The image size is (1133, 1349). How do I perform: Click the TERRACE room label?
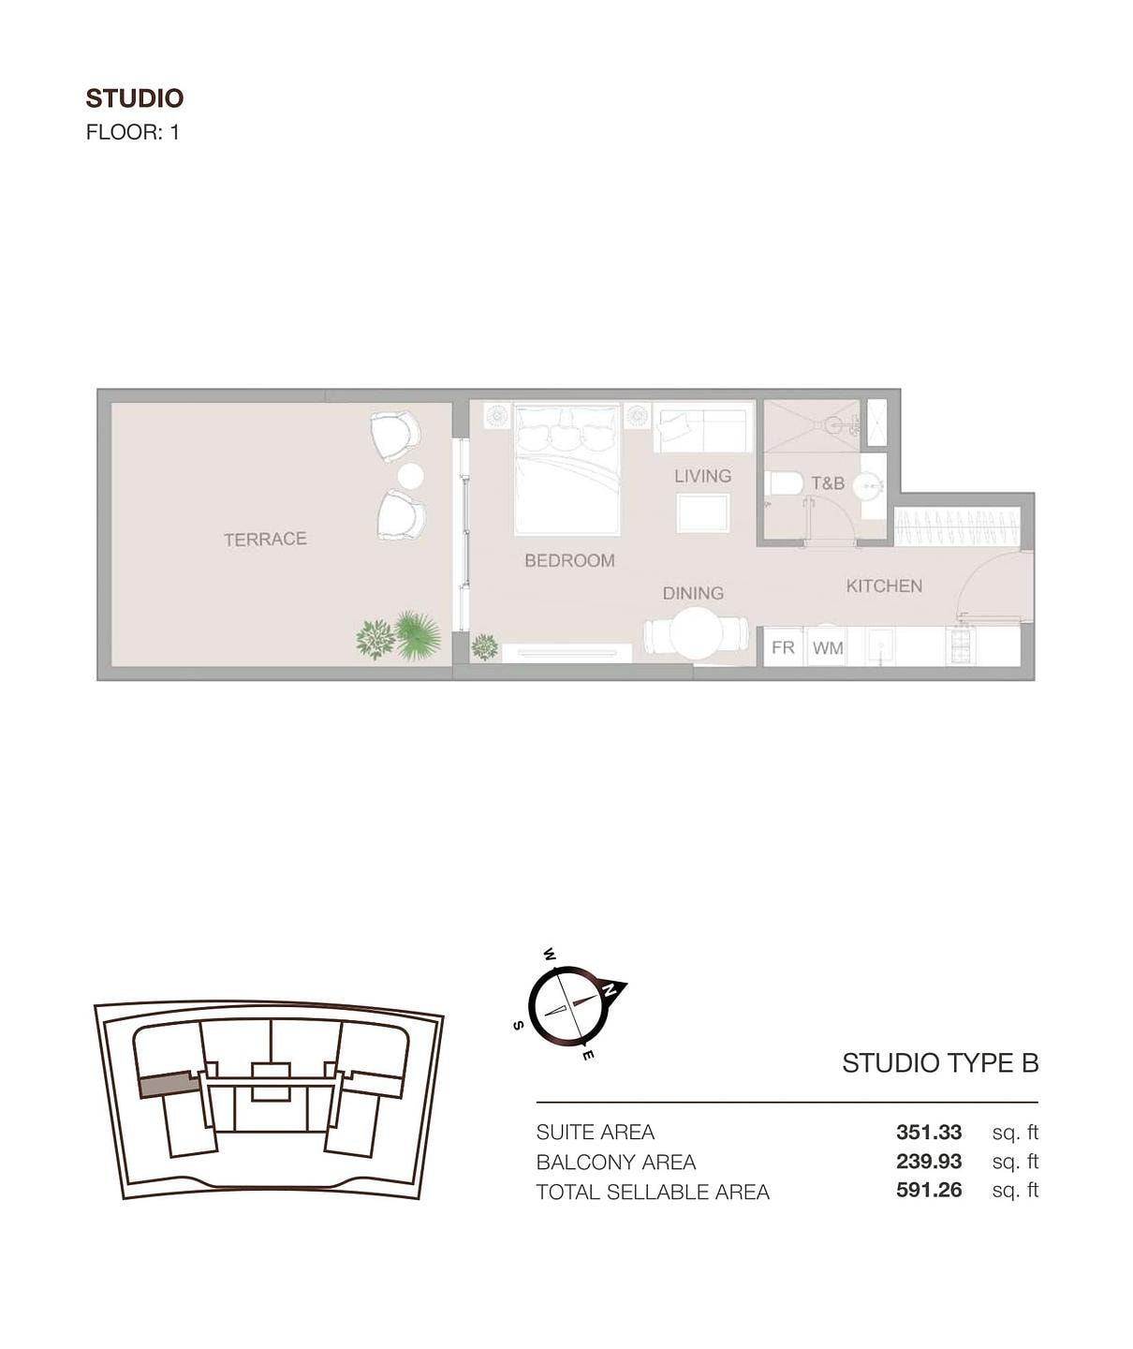[265, 539]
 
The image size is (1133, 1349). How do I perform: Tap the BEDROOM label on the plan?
[569, 560]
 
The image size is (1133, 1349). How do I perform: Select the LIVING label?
[703, 476]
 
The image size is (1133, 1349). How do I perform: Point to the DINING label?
[693, 593]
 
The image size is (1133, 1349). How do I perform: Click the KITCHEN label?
[884, 586]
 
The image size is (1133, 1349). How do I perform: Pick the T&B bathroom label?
[828, 482]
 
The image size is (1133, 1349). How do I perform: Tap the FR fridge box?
[784, 646]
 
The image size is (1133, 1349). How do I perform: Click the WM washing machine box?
[828, 646]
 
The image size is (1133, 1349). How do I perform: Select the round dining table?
[696, 634]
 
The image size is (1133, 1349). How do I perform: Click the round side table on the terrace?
[410, 477]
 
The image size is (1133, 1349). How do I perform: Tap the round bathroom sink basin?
[866, 485]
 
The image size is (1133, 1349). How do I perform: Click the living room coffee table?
[703, 513]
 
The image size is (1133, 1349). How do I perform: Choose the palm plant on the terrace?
[418, 636]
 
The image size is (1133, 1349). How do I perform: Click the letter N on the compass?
[610, 989]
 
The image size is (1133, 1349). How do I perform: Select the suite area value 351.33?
[928, 1132]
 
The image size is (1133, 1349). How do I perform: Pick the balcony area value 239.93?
[928, 1161]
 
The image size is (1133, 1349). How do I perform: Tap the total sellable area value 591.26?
[928, 1190]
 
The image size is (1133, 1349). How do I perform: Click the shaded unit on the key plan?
[168, 1085]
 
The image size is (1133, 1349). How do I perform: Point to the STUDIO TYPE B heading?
[940, 1062]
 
